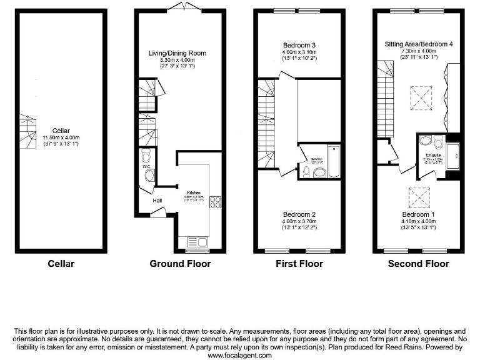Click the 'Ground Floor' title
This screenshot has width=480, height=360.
pyautogui.click(x=180, y=264)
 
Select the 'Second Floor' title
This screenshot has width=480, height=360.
pyautogui.click(x=419, y=264)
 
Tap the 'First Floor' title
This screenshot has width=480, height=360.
pyautogui.click(x=299, y=264)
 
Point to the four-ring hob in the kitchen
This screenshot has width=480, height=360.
pyautogui.click(x=216, y=202)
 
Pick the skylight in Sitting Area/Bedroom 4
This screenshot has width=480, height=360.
pyautogui.click(x=419, y=97)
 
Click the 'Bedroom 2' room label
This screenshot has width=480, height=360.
pyautogui.click(x=299, y=213)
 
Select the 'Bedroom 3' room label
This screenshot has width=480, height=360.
pyautogui.click(x=299, y=45)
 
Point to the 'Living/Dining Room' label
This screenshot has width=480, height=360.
pyautogui.click(x=177, y=54)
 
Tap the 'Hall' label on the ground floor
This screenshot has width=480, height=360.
pyautogui.click(x=157, y=200)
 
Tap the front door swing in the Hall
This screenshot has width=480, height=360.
pyautogui.click(x=158, y=214)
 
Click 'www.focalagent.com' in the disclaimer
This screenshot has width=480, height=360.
pyautogui.click(x=239, y=355)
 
